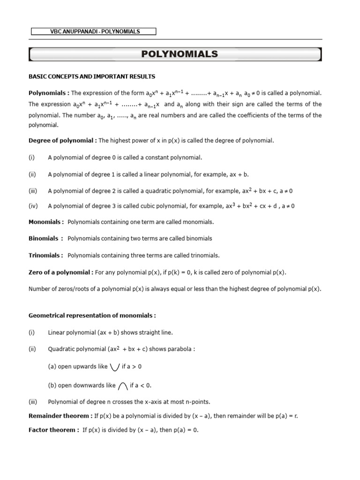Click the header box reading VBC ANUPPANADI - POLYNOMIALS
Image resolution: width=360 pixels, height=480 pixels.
click(94, 31)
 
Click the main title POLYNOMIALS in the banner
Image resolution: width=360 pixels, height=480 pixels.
click(180, 54)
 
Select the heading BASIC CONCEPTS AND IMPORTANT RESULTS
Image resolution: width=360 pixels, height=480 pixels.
click(92, 76)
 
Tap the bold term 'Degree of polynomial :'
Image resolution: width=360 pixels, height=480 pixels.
click(63, 140)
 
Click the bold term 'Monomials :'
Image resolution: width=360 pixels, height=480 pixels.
click(46, 222)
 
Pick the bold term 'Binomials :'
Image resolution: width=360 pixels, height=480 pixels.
click(46, 239)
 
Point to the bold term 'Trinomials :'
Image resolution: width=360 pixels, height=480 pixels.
click(46, 255)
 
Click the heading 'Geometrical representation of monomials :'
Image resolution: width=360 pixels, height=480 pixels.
click(92, 316)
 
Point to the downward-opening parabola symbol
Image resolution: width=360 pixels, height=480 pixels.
click(123, 386)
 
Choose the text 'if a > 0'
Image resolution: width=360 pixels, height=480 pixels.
click(132, 367)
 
